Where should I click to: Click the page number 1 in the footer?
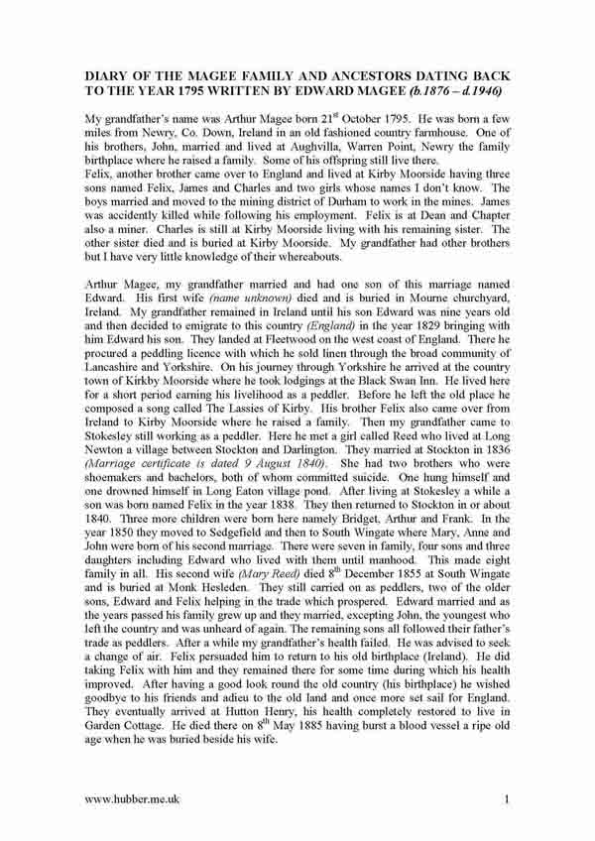pos(506,798)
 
